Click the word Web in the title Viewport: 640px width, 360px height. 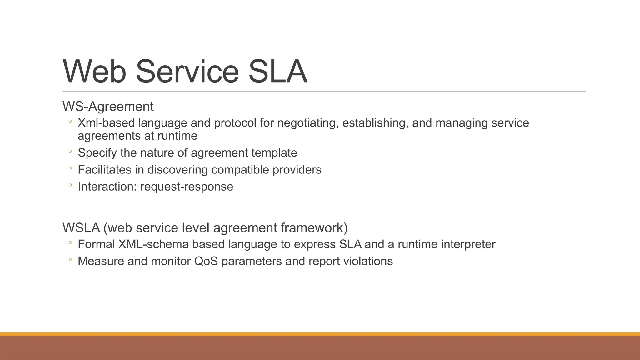click(x=95, y=72)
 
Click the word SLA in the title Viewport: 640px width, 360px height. click(x=277, y=72)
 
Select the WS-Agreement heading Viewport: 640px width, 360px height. click(x=108, y=107)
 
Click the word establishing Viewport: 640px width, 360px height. click(x=375, y=123)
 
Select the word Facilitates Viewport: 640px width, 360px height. click(x=104, y=170)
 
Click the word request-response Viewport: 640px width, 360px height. click(x=187, y=187)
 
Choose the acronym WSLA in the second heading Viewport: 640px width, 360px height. click(x=81, y=228)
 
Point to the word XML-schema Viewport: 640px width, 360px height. click(x=153, y=244)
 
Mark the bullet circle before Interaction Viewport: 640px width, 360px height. click(x=70, y=185)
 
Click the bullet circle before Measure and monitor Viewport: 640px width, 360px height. click(x=70, y=260)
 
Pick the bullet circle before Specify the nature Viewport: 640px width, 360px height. click(x=70, y=152)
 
